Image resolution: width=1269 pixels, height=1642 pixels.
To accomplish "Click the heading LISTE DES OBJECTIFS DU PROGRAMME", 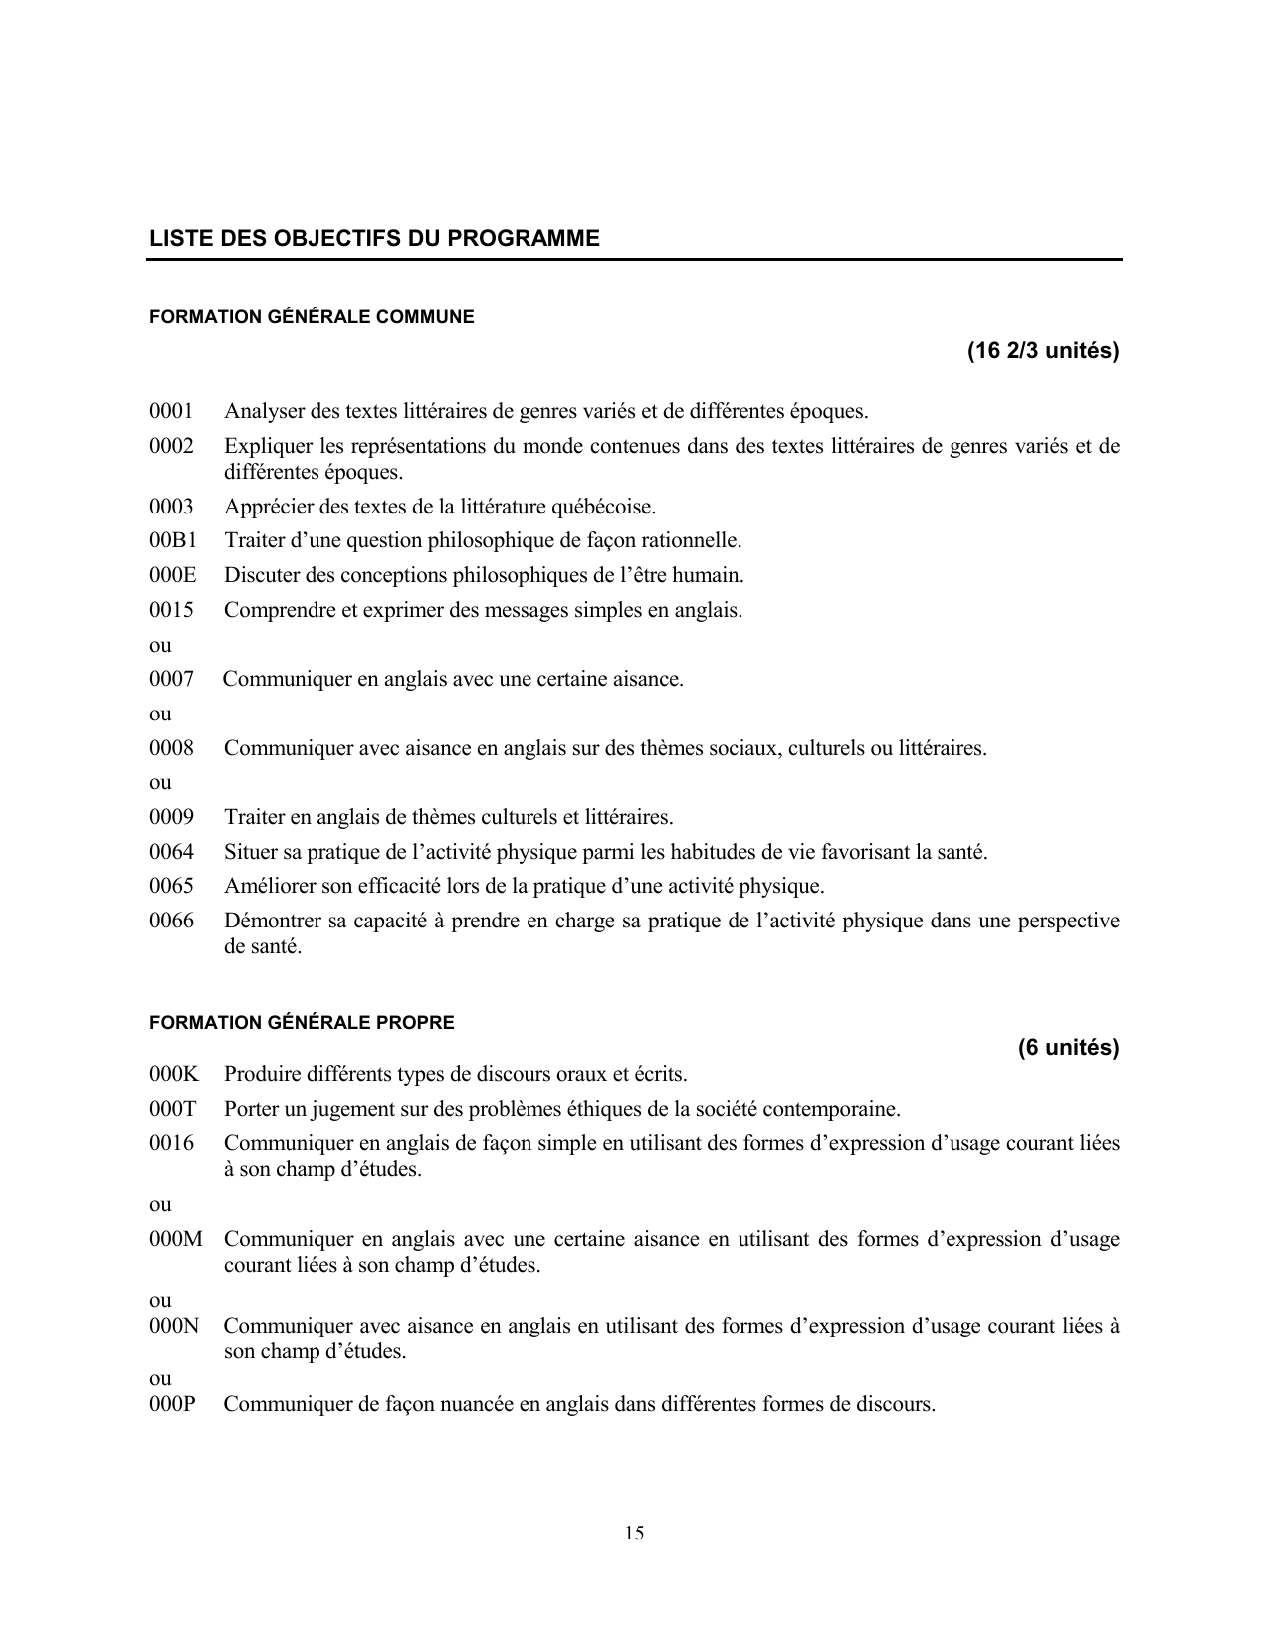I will click(x=374, y=239).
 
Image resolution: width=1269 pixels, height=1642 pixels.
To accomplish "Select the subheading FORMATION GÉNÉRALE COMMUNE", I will click(x=312, y=317).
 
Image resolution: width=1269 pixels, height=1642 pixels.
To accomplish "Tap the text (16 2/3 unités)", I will click(x=1042, y=351).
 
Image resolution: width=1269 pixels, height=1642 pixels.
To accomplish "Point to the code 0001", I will click(x=171, y=411).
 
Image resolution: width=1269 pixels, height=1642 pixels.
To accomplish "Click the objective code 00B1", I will click(x=173, y=541).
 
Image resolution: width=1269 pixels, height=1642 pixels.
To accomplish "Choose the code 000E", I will click(x=173, y=575).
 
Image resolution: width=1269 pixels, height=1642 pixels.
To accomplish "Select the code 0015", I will click(x=171, y=610).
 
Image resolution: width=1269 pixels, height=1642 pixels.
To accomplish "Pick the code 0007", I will click(x=171, y=680).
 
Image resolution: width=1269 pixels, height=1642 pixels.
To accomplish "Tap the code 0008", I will click(x=171, y=748).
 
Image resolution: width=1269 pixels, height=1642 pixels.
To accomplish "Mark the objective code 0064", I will click(x=171, y=852).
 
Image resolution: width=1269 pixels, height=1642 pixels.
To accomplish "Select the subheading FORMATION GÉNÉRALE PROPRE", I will click(x=302, y=1023).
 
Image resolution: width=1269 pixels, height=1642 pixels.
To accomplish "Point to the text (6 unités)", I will click(x=1068, y=1048).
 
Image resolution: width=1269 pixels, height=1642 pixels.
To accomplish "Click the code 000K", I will click(x=174, y=1075).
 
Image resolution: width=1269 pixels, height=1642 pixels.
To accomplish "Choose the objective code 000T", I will click(x=173, y=1109).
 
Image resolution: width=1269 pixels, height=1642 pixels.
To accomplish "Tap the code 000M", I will click(x=175, y=1240).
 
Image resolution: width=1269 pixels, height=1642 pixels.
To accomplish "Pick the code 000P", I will click(x=173, y=1405).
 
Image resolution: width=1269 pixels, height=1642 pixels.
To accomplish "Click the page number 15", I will click(x=634, y=1533).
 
